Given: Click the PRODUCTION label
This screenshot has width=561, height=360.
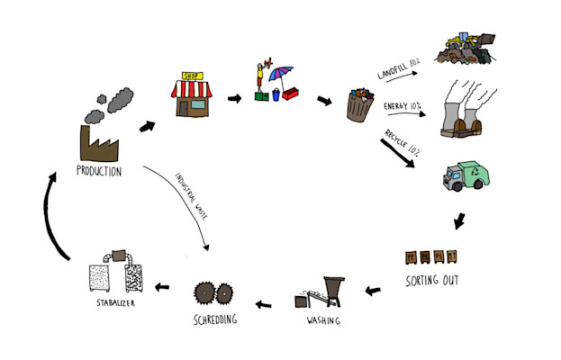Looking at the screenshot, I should [x=99, y=171].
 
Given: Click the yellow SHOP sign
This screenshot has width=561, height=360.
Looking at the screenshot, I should [x=189, y=76].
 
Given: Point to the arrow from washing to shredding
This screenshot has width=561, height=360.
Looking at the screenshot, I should [x=265, y=304].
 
